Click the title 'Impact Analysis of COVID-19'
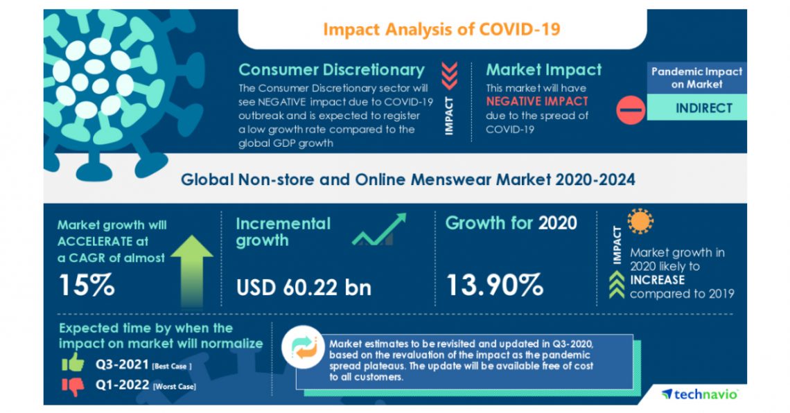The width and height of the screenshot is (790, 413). pyautogui.click(x=441, y=29)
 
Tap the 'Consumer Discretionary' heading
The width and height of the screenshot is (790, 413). pyautogui.click(x=331, y=70)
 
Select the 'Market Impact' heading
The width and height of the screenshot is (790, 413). pyautogui.click(x=544, y=70)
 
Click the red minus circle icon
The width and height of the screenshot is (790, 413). pyautogui.click(x=630, y=109)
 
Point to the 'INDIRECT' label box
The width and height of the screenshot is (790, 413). pyautogui.click(x=696, y=108)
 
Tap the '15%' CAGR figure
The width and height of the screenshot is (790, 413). pyautogui.click(x=85, y=286)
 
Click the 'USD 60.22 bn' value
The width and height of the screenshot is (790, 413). pyautogui.click(x=304, y=286)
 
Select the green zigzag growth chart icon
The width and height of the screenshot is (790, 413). pyautogui.click(x=378, y=231)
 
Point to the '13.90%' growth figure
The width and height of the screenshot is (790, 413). pyautogui.click(x=494, y=285)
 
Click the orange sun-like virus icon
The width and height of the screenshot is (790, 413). pyautogui.click(x=640, y=220)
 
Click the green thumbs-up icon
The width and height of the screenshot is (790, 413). pyautogui.click(x=72, y=362)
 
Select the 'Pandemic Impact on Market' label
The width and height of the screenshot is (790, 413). pyautogui.click(x=696, y=78)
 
